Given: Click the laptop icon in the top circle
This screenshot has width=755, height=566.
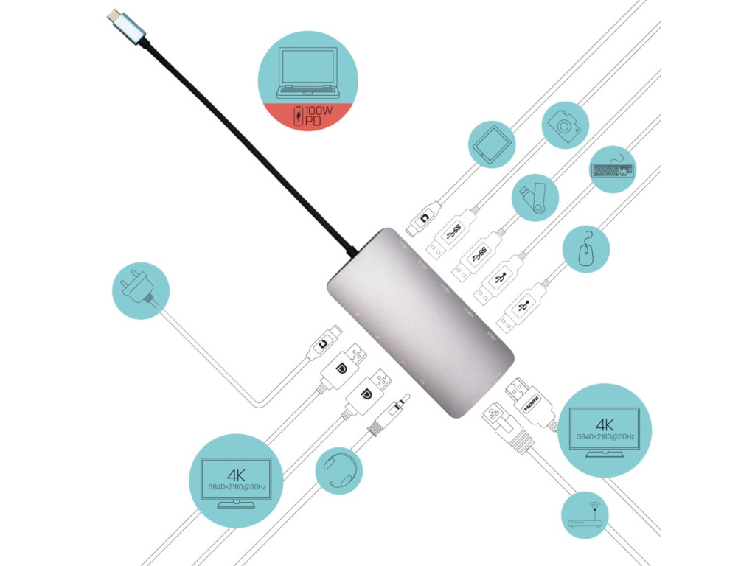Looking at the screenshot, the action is [307, 72].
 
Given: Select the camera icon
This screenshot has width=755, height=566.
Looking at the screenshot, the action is [566, 127].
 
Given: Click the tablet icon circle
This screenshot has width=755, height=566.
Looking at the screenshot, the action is [492, 144].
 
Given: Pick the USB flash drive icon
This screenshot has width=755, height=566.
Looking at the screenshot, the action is [535, 197].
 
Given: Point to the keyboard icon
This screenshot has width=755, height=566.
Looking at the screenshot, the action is [612, 170].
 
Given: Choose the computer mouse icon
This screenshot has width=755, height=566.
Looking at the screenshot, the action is [585, 250].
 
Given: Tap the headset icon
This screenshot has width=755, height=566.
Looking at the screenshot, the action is [340, 470].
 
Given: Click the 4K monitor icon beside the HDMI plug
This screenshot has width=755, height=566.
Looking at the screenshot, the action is [605, 430].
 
